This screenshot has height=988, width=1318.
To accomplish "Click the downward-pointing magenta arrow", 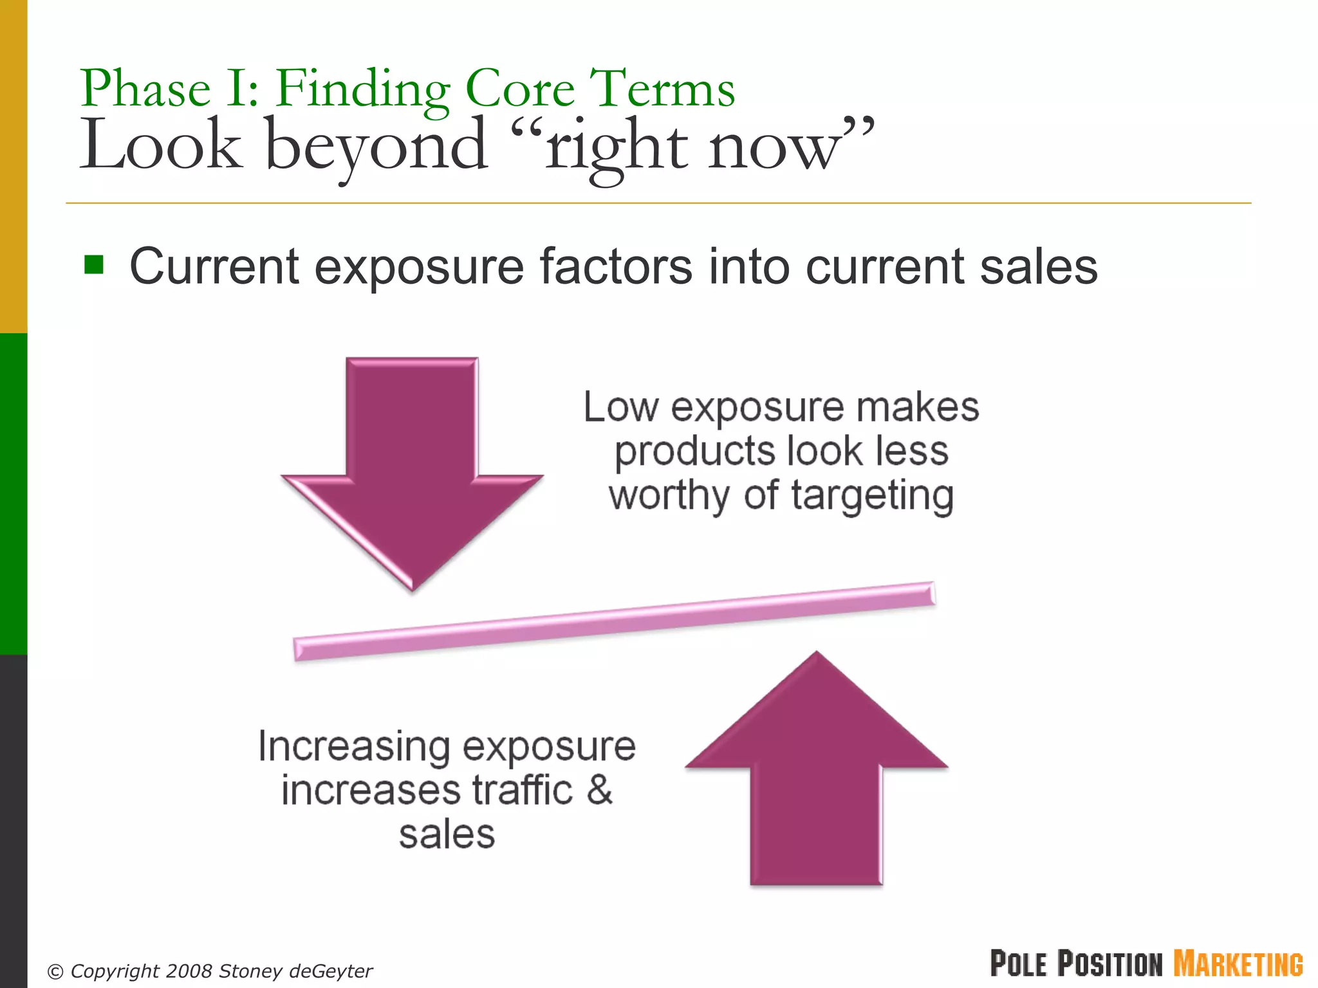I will point(412,463).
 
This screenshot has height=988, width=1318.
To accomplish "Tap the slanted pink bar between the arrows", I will point(614,621).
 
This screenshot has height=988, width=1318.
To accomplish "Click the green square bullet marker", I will point(94,264).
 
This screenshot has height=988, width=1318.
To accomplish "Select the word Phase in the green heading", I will point(146,89).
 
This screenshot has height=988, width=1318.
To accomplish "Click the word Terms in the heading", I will point(663,89).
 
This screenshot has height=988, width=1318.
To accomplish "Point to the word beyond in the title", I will point(376,147).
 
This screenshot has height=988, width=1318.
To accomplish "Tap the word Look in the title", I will point(160,145).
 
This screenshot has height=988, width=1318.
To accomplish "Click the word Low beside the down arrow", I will point(621,408).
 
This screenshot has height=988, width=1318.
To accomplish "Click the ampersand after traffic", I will point(599,790).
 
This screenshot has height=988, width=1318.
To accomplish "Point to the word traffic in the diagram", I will point(522,790).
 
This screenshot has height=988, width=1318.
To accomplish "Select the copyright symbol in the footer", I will point(56,971).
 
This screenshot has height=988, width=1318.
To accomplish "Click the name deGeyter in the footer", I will point(331,971).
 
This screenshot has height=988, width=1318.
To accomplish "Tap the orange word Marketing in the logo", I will point(1238,964).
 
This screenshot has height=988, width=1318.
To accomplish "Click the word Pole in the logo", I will point(1019,964).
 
